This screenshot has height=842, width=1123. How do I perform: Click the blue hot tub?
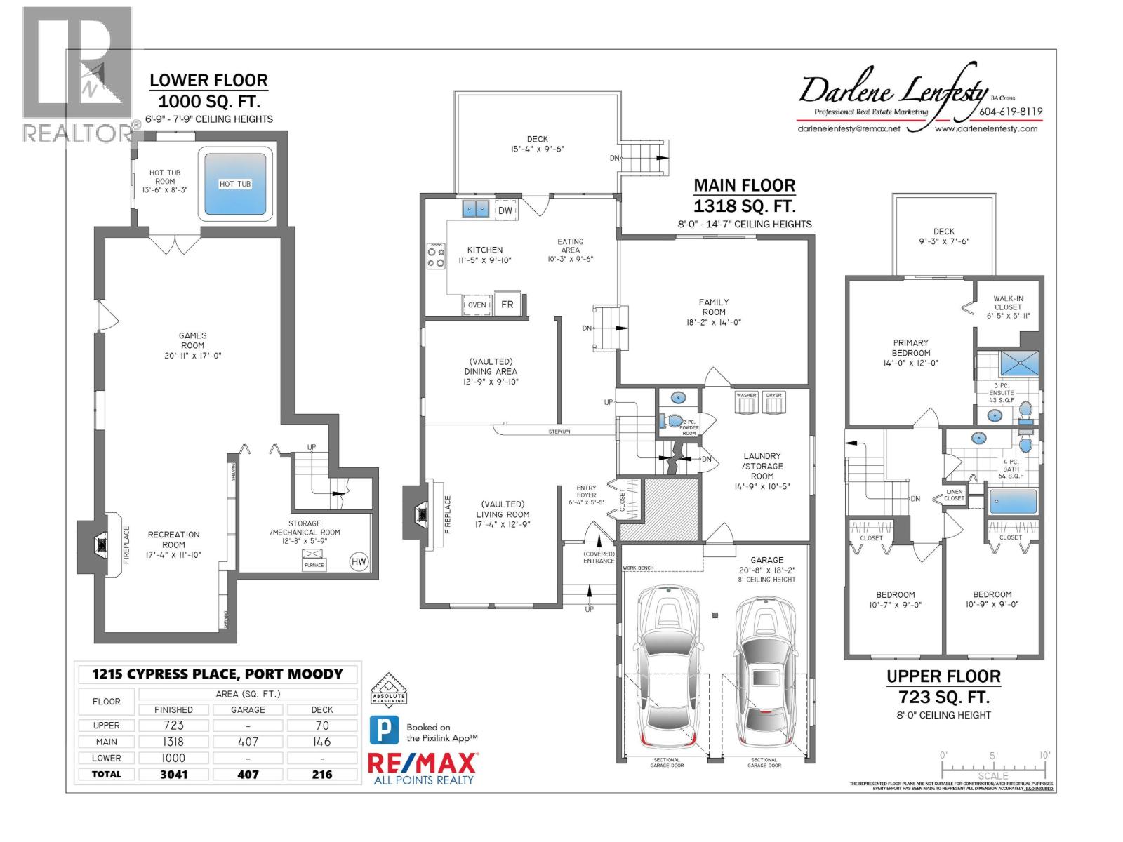point(235,185)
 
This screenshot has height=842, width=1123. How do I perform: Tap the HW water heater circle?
point(359,561)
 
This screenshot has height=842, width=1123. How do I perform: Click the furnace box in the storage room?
point(314,560)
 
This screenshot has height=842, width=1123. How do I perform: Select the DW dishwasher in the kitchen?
point(505,210)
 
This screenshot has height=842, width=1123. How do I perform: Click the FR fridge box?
point(507,305)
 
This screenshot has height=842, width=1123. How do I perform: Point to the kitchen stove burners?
point(436,256)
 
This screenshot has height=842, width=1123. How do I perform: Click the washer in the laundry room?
point(746,404)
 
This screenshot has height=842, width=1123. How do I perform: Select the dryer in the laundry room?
point(773,404)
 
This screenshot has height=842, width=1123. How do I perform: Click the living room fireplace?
point(422,514)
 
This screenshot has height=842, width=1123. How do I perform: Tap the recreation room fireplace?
point(102,544)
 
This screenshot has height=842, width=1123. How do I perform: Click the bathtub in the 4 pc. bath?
point(1012,502)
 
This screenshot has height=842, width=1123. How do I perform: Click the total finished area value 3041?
point(173,775)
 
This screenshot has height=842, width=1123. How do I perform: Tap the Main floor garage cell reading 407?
point(248,742)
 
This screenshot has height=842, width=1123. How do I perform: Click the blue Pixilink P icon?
point(384,731)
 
